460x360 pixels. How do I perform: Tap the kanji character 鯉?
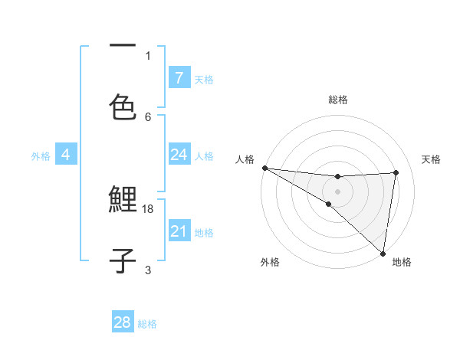tap(123, 201)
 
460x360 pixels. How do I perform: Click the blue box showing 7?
tap(179, 77)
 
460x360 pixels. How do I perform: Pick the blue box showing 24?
tap(179, 155)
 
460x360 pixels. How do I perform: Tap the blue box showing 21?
tap(179, 231)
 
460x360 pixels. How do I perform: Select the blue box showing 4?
tap(66, 155)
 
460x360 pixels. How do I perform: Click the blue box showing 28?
tap(123, 322)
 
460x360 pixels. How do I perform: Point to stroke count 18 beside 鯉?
tap(149, 208)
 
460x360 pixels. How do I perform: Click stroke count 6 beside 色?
tap(148, 116)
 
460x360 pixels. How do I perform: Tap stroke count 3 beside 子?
tap(148, 270)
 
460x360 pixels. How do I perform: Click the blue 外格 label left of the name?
tap(41, 155)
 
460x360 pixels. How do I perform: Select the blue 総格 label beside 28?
tap(147, 323)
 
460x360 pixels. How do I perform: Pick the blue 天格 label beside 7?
tap(204, 79)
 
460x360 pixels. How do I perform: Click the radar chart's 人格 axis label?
tap(245, 159)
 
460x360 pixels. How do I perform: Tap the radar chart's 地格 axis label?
tap(402, 262)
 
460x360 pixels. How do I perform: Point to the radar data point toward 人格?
tap(264, 168)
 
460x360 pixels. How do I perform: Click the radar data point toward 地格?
tap(383, 253)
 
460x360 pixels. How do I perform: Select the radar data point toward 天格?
tap(396, 172)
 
